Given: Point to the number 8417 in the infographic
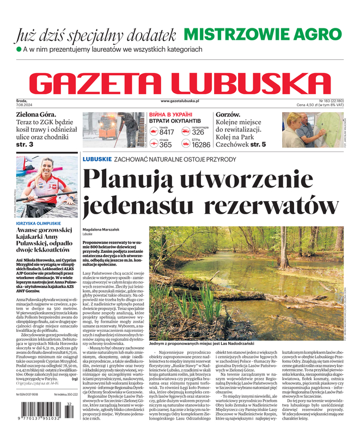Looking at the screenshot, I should coord(167,132).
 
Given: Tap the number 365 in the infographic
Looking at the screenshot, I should coord(166,145).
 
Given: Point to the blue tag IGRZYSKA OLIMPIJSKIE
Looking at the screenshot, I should coord(40,224).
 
